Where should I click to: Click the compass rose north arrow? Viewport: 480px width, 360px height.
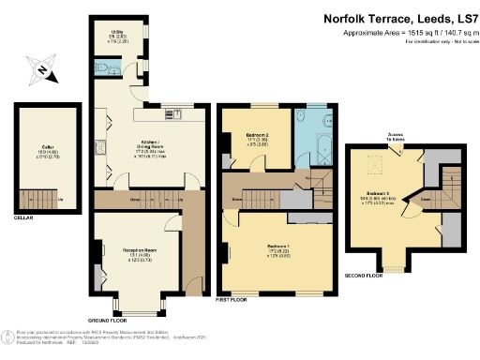[42, 69]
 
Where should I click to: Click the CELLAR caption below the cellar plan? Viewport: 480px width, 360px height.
[23, 217]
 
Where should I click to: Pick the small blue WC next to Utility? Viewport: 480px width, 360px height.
[101, 71]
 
